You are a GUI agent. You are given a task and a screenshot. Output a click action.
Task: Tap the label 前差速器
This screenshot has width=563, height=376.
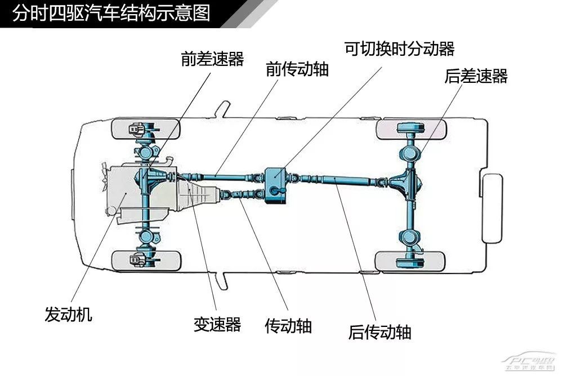coord(212,59)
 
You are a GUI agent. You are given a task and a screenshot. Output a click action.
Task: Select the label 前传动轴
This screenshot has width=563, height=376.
coord(297,69)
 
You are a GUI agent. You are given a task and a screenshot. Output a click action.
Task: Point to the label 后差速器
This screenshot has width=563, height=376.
coord(476,76)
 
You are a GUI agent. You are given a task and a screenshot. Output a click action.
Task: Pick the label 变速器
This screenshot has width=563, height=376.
coord(217,324)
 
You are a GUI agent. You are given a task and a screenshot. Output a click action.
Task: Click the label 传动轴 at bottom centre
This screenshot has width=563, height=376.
coord(288,326)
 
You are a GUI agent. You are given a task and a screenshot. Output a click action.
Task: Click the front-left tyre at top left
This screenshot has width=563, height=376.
coord(146,130)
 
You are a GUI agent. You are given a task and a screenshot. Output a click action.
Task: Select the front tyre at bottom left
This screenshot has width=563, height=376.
coord(146,260)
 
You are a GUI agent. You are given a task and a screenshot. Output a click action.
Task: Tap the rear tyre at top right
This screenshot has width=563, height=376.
coord(410,130)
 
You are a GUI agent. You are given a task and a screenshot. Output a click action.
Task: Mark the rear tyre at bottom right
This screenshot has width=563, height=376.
coord(410,260)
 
